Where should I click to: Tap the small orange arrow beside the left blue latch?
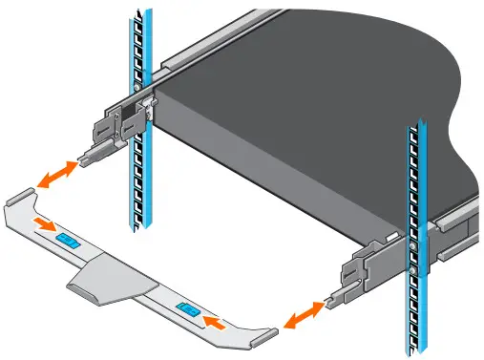click(42, 225)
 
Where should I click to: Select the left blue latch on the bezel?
click(67, 236)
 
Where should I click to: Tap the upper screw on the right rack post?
click(412, 246)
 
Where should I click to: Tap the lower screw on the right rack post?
click(412, 270)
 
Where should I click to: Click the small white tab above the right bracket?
click(392, 232)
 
